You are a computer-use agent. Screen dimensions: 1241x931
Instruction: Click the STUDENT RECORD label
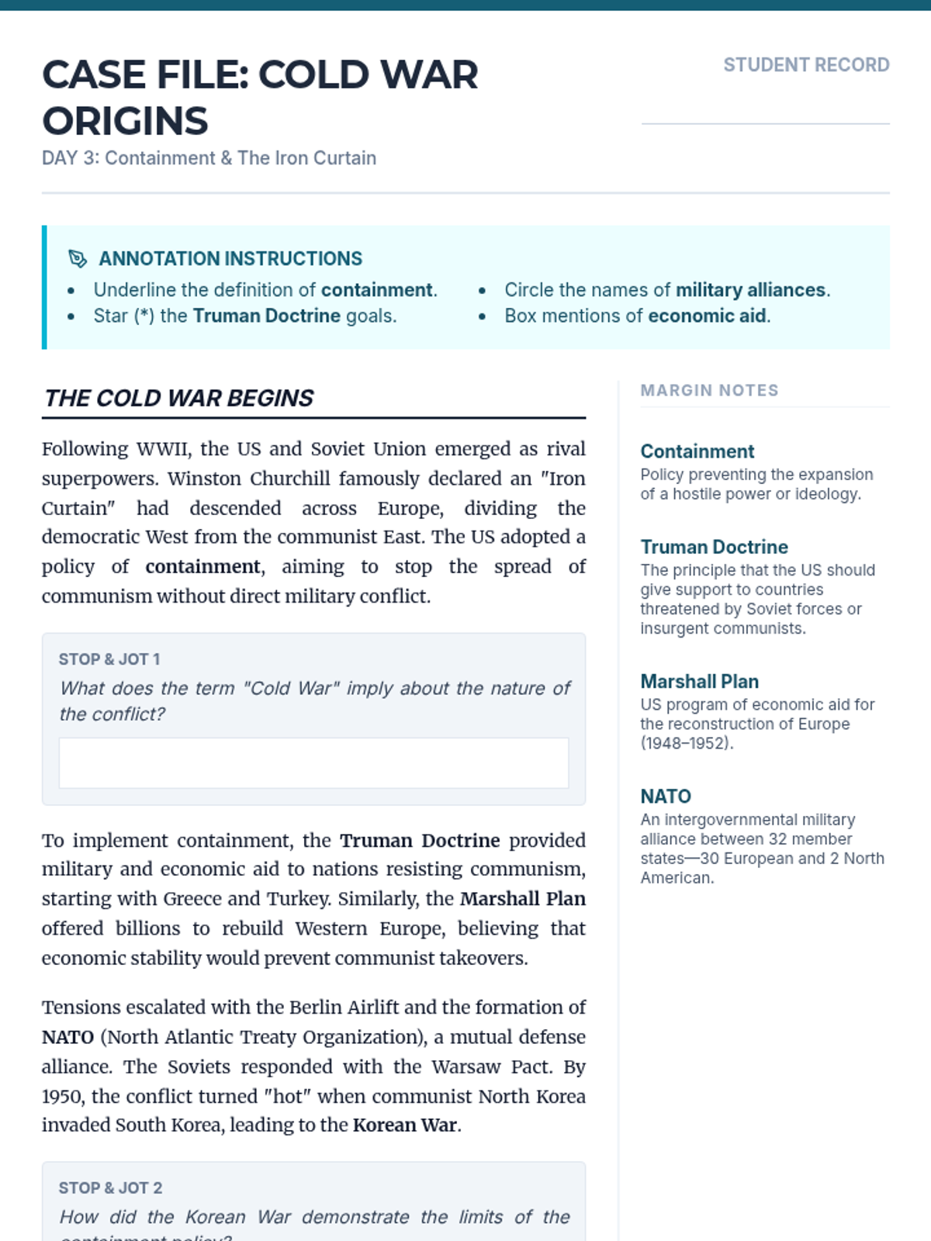click(806, 65)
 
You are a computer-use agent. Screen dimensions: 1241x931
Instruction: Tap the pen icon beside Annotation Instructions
click(78, 258)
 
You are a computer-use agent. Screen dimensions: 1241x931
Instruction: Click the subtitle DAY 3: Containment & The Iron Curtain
click(209, 158)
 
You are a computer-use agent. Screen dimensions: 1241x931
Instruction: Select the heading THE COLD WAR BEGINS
click(179, 398)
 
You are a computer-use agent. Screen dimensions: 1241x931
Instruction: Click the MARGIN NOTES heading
click(709, 390)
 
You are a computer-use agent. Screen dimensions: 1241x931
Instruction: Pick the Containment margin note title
click(697, 451)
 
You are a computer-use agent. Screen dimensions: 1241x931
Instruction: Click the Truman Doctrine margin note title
click(714, 547)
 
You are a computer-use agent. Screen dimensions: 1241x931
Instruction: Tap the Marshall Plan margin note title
click(699, 682)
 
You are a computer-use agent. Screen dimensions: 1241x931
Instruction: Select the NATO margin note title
click(665, 797)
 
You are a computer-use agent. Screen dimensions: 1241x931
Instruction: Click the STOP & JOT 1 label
click(109, 659)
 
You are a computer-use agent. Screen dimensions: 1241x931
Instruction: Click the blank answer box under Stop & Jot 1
click(313, 763)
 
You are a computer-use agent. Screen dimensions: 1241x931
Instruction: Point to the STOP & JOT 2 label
click(110, 1188)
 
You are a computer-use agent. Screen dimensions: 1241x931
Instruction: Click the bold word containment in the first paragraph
click(202, 567)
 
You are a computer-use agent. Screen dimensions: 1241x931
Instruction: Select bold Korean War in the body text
click(404, 1125)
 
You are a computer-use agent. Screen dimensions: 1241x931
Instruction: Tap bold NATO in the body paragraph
click(67, 1038)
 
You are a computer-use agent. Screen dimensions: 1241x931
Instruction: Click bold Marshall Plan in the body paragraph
click(522, 899)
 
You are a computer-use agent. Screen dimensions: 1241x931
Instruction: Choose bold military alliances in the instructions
click(750, 290)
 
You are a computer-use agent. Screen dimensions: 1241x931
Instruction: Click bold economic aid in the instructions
click(707, 316)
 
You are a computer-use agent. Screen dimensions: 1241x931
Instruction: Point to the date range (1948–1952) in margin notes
click(686, 744)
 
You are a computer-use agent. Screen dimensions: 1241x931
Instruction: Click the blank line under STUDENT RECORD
click(765, 123)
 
